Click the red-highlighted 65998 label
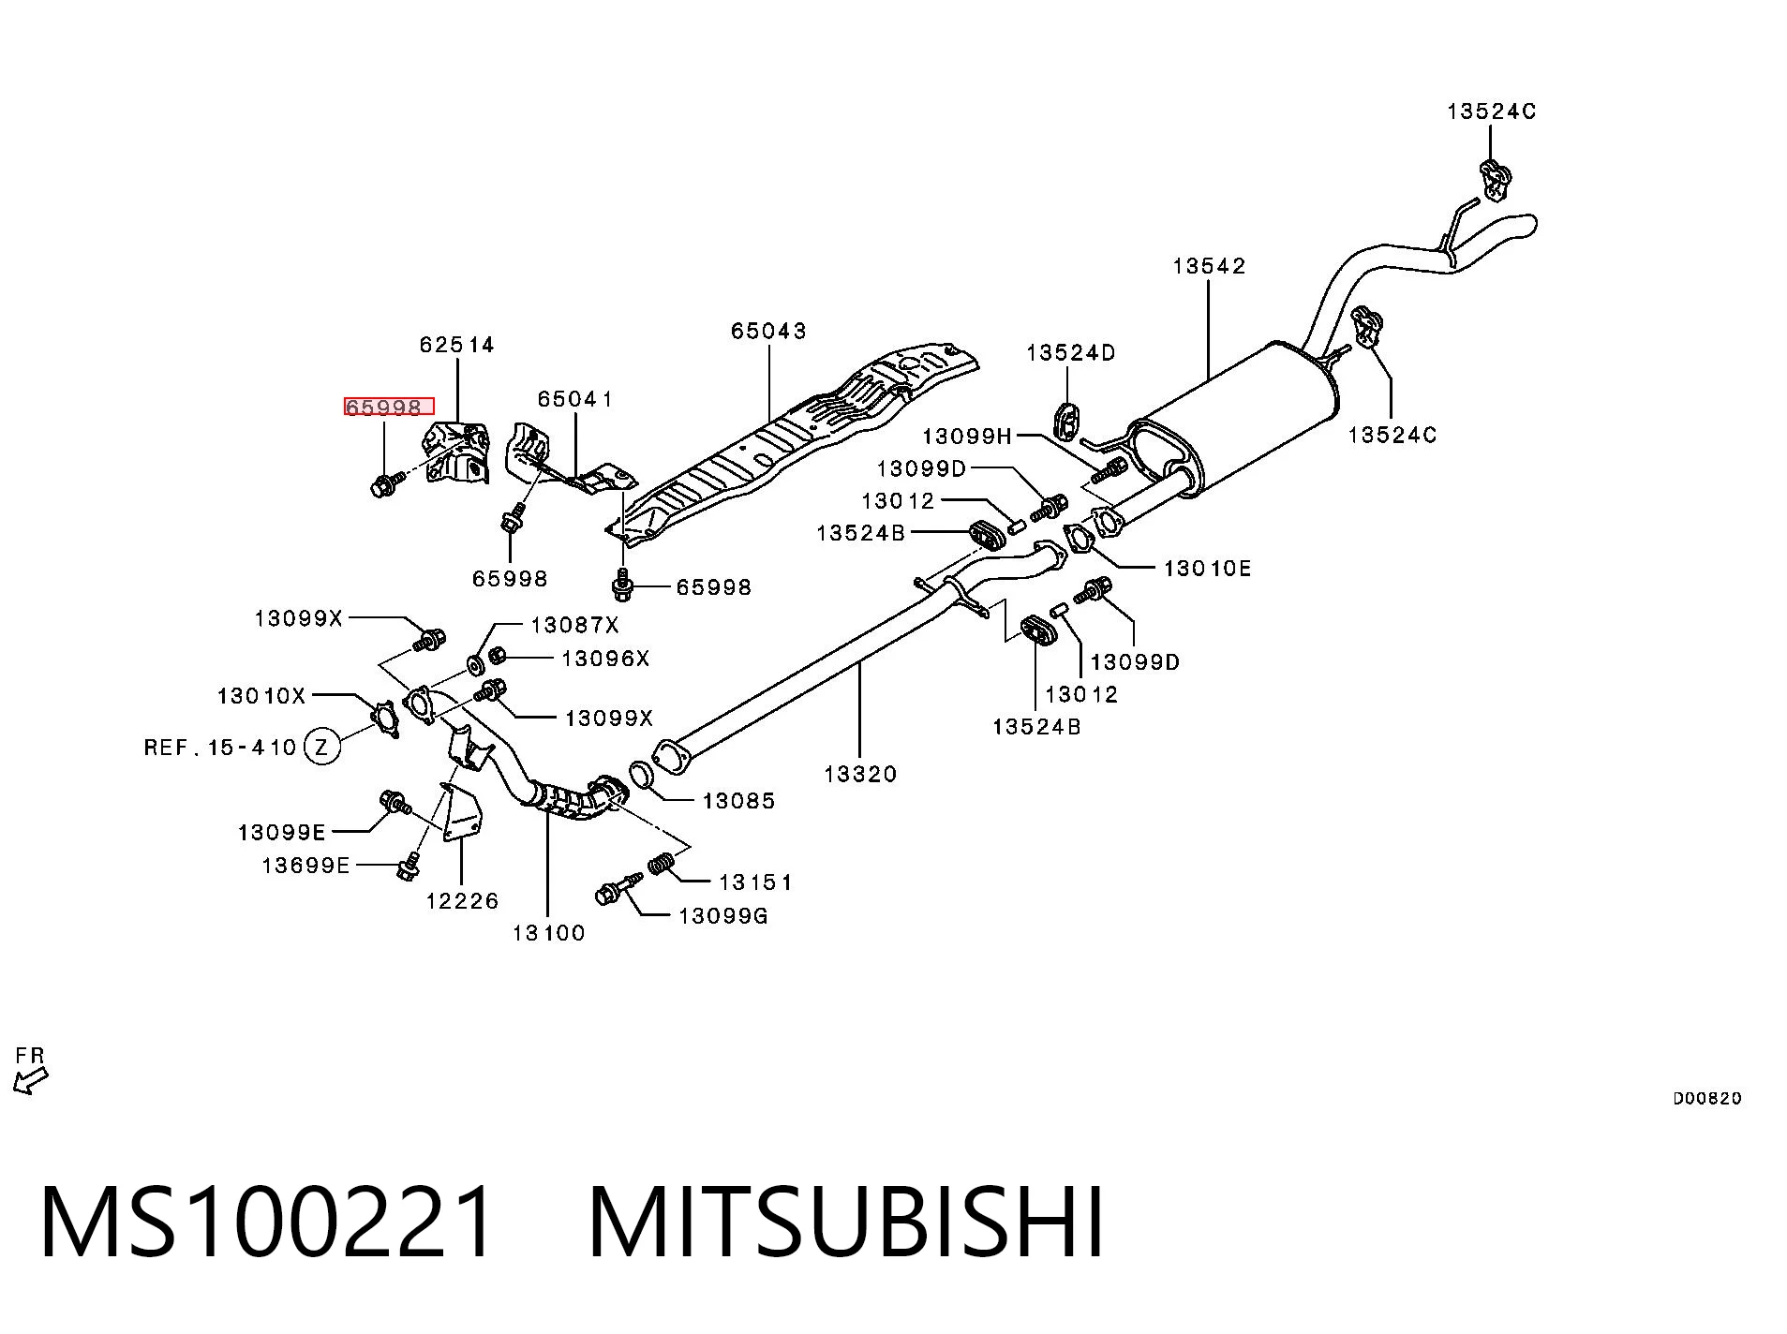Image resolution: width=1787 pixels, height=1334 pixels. [388, 407]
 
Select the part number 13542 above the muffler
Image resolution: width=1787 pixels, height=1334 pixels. [1209, 266]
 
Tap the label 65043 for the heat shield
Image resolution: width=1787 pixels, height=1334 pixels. [768, 331]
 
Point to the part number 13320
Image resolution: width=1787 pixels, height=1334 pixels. [860, 774]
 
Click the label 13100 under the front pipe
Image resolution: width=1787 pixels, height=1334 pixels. [548, 932]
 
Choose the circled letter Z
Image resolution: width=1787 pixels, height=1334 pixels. [322, 747]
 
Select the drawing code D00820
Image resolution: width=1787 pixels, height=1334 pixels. [1707, 1098]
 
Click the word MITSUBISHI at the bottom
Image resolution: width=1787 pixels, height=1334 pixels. [845, 1223]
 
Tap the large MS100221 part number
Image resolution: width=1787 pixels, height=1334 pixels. [266, 1223]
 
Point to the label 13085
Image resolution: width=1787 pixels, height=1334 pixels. [738, 800]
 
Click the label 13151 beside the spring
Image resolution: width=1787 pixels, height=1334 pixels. [755, 882]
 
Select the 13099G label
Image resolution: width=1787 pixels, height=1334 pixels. [722, 915]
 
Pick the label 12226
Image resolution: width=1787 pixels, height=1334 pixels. [462, 900]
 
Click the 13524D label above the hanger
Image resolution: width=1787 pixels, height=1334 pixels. [1071, 352]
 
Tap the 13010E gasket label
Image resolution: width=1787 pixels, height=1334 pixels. [1207, 568]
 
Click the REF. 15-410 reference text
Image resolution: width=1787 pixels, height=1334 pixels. [220, 747]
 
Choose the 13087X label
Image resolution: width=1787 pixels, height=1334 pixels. [574, 625]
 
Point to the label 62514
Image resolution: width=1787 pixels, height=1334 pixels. [456, 345]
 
